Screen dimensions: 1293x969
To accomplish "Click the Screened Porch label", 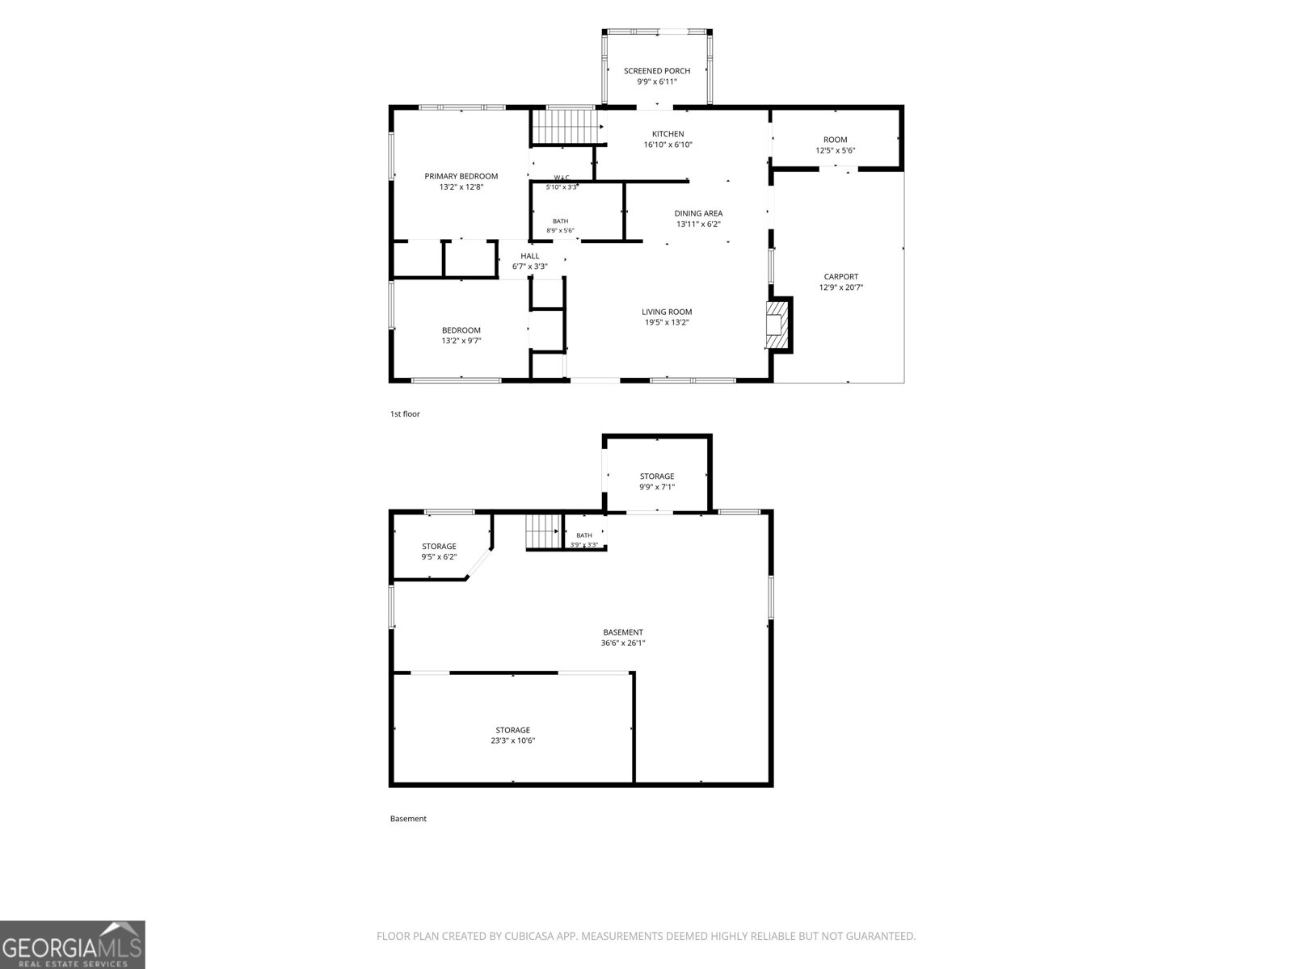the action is click(x=657, y=70).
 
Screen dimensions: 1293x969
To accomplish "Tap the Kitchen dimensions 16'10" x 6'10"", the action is click(x=668, y=145).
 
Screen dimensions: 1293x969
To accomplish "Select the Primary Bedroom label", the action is click(x=461, y=176).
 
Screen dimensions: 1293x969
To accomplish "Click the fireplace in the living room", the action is click(x=777, y=325).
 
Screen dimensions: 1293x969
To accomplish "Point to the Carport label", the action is click(x=840, y=276).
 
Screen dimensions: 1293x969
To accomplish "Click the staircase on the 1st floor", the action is click(x=568, y=126).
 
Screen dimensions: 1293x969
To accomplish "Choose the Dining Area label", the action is click(x=698, y=213).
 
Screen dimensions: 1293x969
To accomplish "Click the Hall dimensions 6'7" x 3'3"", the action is click(x=529, y=266).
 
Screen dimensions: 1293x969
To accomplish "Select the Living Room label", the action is click(x=667, y=312).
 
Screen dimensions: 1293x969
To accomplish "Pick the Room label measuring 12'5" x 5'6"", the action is click(x=836, y=140).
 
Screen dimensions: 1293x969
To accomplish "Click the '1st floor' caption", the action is click(x=405, y=413).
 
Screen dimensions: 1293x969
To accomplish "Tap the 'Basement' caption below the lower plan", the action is click(x=408, y=818).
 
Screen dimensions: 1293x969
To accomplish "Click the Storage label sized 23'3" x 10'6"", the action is click(x=512, y=730).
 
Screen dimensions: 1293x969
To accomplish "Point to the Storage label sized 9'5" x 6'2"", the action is click(x=439, y=547).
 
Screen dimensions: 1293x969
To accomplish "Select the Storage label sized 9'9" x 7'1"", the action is click(x=657, y=476).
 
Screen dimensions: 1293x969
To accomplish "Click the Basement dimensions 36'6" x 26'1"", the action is click(x=622, y=643).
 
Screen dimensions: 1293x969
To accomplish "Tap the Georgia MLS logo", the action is click(x=73, y=945).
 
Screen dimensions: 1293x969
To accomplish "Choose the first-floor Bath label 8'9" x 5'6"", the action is click(x=560, y=221).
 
